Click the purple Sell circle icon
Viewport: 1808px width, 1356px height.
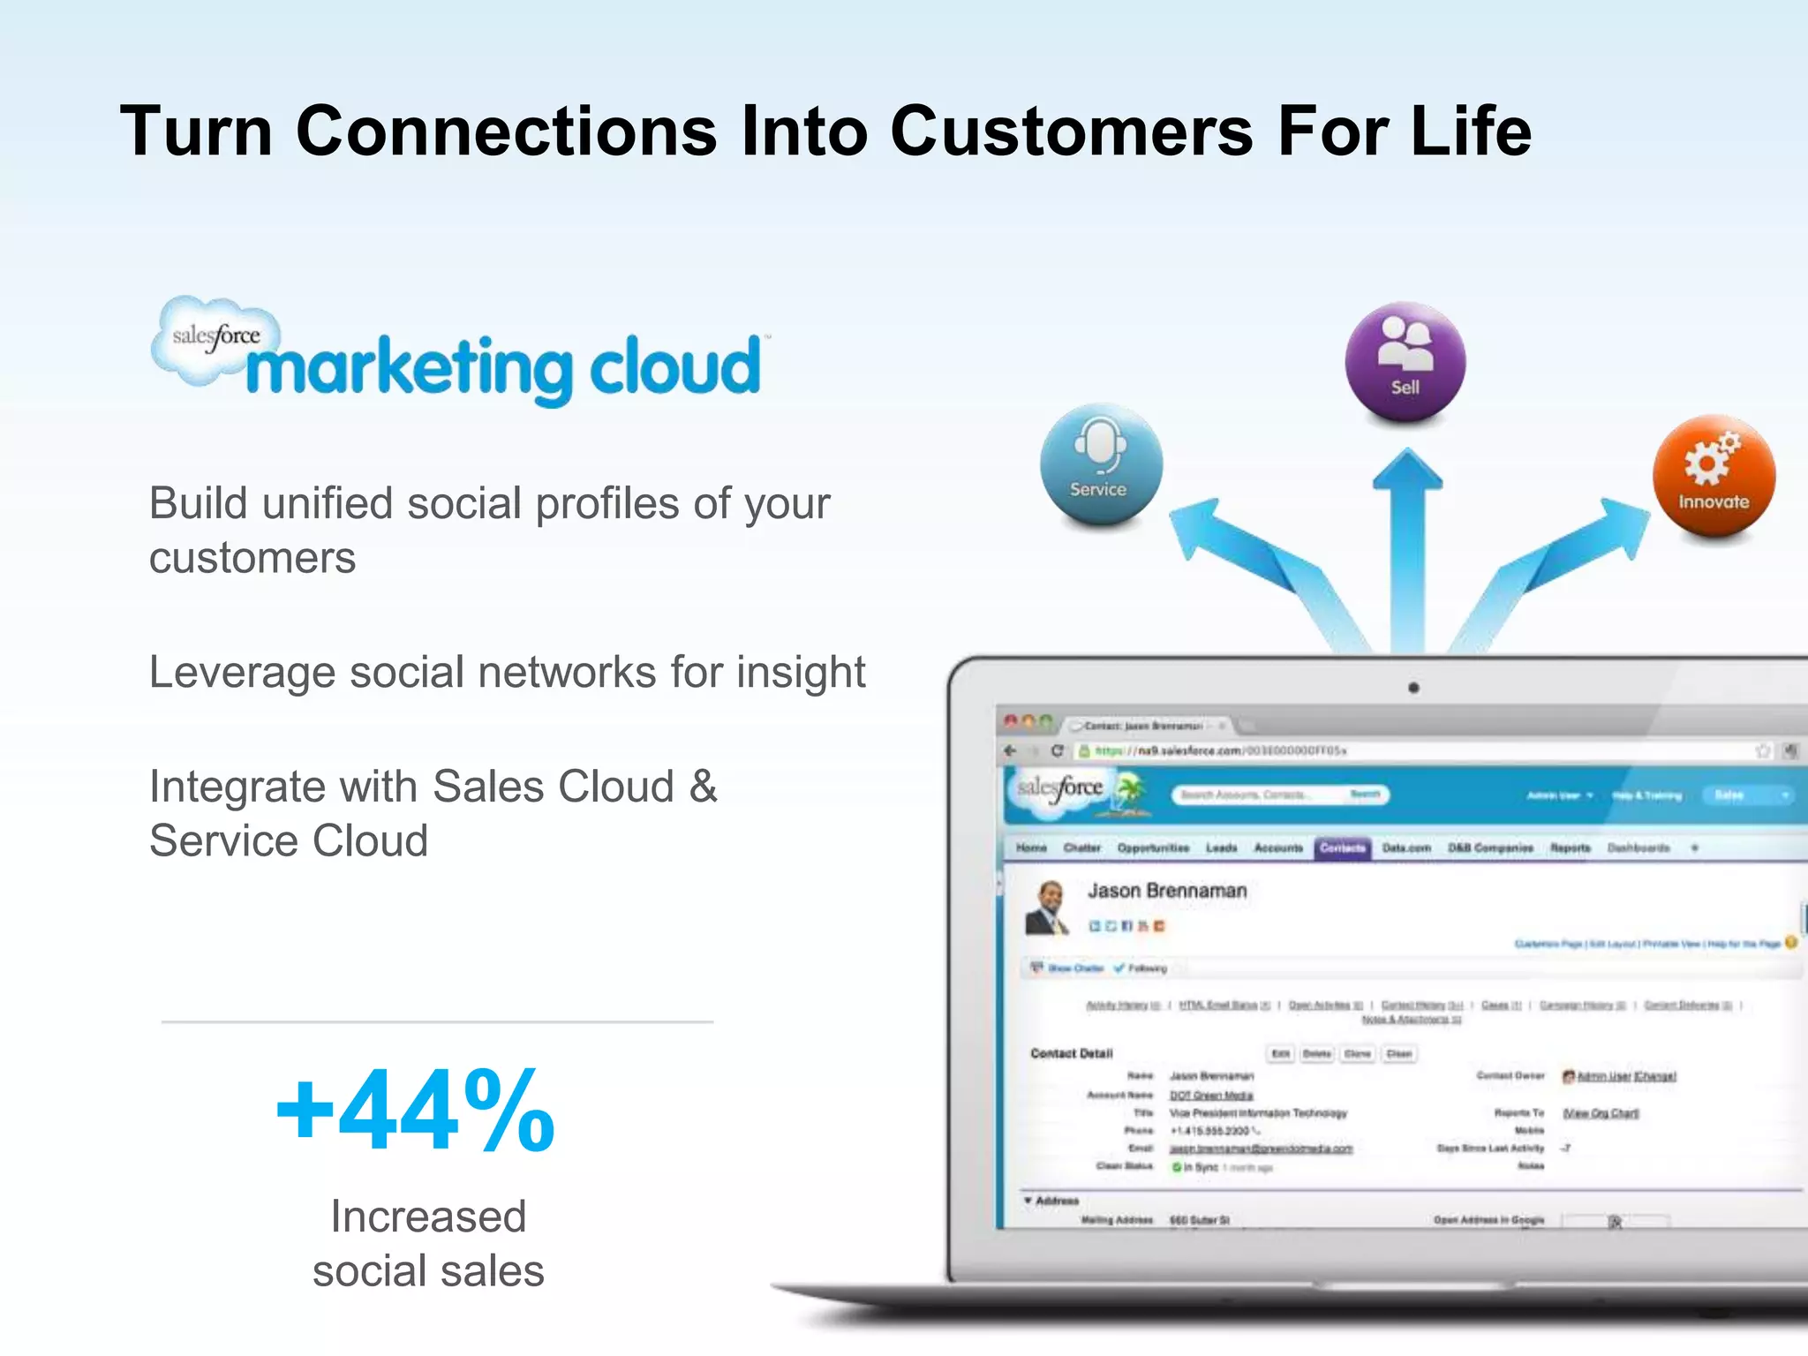1405,361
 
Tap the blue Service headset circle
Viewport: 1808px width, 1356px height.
1101,464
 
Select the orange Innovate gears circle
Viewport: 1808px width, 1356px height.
1714,476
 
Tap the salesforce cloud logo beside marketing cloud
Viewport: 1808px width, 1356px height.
215,339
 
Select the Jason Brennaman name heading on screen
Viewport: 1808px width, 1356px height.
1167,891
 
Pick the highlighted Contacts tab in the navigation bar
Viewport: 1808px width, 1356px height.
1342,847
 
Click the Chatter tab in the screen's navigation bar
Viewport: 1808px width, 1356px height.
1081,847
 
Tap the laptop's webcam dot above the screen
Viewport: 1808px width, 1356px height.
1413,688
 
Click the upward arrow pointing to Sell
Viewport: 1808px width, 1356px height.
1407,547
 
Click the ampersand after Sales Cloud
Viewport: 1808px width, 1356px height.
703,786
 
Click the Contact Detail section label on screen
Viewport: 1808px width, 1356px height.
1072,1053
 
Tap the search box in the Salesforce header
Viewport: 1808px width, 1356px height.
1262,795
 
